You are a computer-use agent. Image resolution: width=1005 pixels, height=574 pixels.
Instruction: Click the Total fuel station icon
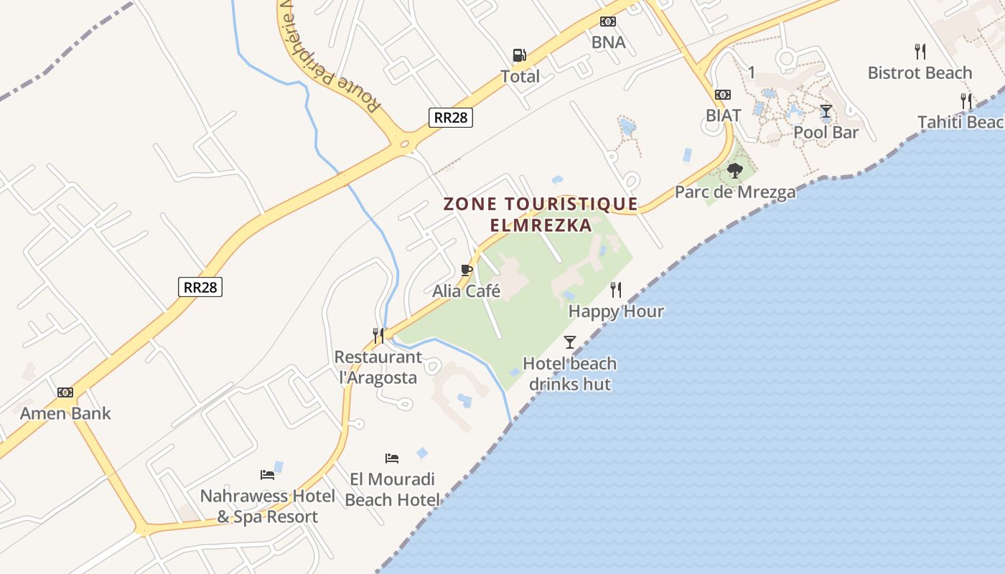(x=519, y=55)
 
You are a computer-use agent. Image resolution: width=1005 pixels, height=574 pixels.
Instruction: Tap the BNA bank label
(x=609, y=42)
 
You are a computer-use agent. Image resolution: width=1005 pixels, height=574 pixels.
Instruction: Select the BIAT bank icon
(x=723, y=95)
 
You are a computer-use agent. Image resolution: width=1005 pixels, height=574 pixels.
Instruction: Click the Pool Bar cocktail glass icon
(x=826, y=111)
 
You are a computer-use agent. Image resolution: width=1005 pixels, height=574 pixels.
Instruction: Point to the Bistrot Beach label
(x=920, y=72)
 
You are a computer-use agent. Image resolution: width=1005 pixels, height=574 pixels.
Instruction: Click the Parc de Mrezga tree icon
(x=734, y=171)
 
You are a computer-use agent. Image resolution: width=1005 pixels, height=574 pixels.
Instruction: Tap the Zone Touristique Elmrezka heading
(x=541, y=214)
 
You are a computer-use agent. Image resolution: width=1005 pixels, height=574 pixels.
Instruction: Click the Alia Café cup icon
(x=466, y=270)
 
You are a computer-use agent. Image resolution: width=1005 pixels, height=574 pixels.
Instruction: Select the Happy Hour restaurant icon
(x=616, y=290)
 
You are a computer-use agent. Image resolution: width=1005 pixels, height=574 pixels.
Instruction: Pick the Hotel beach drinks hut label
(x=570, y=373)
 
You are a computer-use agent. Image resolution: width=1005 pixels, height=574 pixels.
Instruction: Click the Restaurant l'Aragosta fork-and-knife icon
(x=378, y=335)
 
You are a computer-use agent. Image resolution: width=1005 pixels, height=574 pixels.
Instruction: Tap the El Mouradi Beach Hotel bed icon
(x=392, y=458)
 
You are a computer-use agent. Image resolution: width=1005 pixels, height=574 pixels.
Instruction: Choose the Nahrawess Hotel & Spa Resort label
(x=268, y=506)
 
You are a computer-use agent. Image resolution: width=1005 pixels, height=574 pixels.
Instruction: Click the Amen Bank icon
(x=65, y=392)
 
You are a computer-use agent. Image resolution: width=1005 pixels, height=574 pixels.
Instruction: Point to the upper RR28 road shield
(x=451, y=117)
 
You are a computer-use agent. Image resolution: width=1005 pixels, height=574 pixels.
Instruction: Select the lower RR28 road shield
(x=200, y=287)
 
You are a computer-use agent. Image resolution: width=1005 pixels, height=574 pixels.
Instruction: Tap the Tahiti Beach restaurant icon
(x=966, y=100)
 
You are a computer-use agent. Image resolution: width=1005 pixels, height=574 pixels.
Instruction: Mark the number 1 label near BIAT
(x=752, y=72)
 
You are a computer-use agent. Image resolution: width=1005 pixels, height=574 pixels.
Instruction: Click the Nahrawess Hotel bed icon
(x=267, y=474)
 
